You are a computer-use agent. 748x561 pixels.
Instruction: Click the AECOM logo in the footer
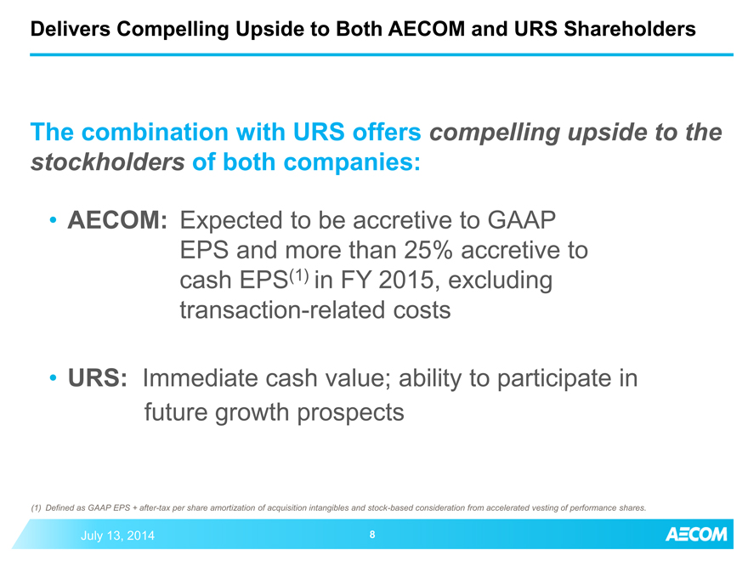pyautogui.click(x=696, y=535)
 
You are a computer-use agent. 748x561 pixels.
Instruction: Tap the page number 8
pyautogui.click(x=372, y=535)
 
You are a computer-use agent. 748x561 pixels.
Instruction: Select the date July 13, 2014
pyautogui.click(x=117, y=535)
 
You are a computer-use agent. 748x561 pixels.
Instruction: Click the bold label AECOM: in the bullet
pyautogui.click(x=117, y=220)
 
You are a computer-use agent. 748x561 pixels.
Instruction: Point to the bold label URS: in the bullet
pyautogui.click(x=98, y=378)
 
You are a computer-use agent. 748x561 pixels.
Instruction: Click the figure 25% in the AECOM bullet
pyautogui.click(x=428, y=250)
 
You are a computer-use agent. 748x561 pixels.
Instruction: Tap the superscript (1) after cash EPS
pyautogui.click(x=299, y=275)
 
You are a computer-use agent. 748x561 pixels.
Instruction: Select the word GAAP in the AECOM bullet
pyautogui.click(x=521, y=220)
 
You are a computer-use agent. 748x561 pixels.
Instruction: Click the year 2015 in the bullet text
pyautogui.click(x=405, y=280)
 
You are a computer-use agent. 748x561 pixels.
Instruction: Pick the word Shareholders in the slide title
pyautogui.click(x=630, y=29)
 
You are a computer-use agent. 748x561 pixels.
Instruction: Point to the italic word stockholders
pyautogui.click(x=108, y=162)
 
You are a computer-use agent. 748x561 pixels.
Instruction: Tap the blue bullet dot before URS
pyautogui.click(x=54, y=378)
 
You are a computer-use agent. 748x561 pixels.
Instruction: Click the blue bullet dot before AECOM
pyautogui.click(x=54, y=220)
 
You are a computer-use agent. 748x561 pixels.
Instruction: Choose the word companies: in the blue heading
pyautogui.click(x=352, y=162)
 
